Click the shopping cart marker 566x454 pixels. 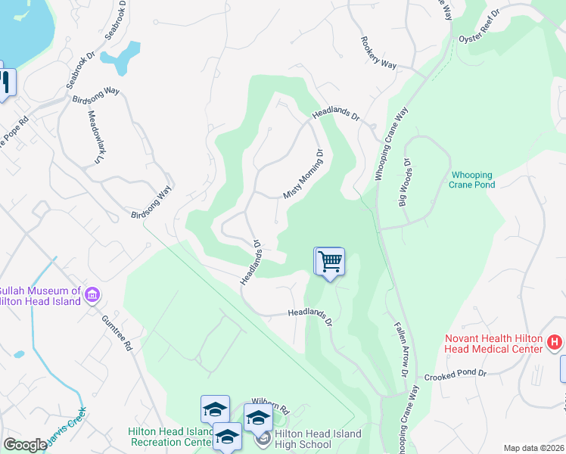click(x=330, y=262)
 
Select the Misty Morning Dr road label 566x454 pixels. click(x=303, y=173)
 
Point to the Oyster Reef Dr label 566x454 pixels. click(x=480, y=26)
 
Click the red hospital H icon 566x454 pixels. click(x=555, y=344)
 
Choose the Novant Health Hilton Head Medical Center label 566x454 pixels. click(x=494, y=344)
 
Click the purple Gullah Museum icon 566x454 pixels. click(x=92, y=294)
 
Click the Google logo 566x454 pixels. click(x=25, y=445)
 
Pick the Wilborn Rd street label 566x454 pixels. click(x=271, y=408)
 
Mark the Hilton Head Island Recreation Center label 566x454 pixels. click(x=169, y=437)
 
